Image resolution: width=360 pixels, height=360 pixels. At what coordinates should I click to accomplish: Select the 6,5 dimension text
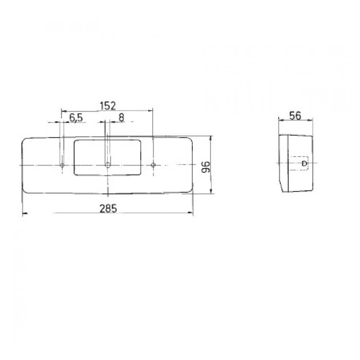point(76,117)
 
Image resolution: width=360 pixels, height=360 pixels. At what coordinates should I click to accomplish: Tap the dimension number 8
point(121,117)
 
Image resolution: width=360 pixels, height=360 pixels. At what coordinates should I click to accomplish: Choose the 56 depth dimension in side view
point(295,115)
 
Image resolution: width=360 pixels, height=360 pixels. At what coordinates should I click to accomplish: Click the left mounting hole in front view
point(62,165)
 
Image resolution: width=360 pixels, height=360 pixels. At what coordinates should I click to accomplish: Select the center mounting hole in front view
point(107,165)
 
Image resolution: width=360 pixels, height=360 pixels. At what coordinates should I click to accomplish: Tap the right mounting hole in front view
point(153,165)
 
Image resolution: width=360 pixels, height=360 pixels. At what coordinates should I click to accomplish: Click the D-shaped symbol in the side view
point(304,165)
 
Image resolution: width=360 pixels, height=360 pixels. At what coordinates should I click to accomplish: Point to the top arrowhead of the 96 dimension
point(211,138)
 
